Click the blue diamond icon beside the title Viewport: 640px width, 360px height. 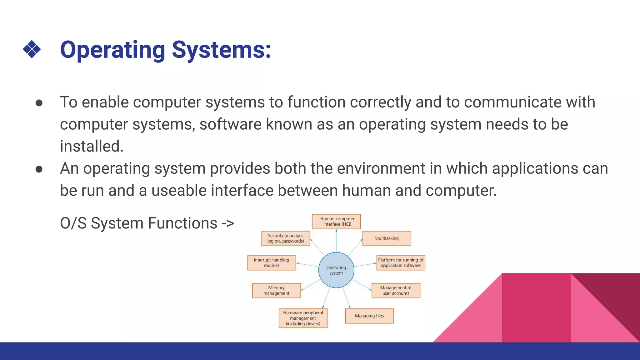pyautogui.click(x=32, y=49)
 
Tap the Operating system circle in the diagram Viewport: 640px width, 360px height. pyautogui.click(x=336, y=270)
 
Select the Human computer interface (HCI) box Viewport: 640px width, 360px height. pyautogui.click(x=336, y=221)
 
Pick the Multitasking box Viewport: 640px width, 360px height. pyautogui.click(x=387, y=238)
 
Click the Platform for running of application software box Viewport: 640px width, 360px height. pyautogui.click(x=401, y=262)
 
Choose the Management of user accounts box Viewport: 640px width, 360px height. pyautogui.click(x=396, y=290)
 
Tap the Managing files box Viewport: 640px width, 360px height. pyautogui.click(x=369, y=316)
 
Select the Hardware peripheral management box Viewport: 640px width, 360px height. pyautogui.click(x=303, y=318)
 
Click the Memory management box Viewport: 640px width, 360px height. pyautogui.click(x=276, y=290)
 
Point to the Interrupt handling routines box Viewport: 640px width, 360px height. pyautogui.click(x=271, y=262)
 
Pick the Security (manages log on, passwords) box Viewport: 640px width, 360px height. pyautogui.click(x=285, y=238)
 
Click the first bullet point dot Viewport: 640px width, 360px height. pyautogui.click(x=39, y=103)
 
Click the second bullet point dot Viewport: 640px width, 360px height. pyautogui.click(x=39, y=169)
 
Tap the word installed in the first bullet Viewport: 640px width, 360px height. pyautogui.click(x=92, y=146)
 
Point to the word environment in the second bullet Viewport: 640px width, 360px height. pyautogui.click(x=381, y=168)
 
